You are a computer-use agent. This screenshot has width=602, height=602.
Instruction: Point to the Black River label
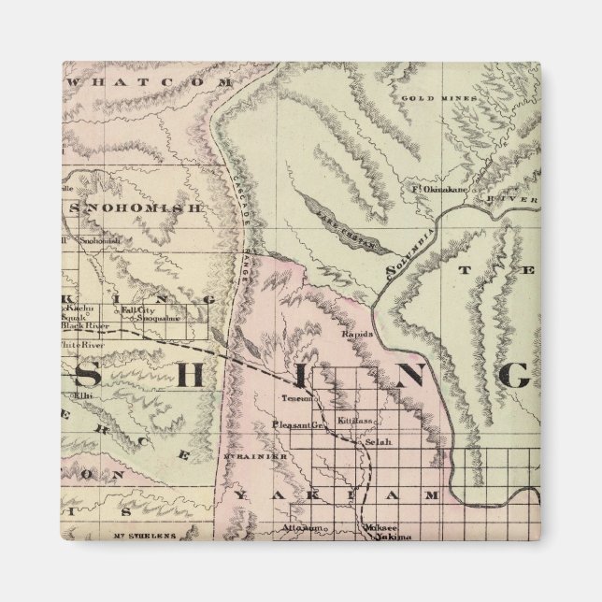pyautogui.click(x=87, y=326)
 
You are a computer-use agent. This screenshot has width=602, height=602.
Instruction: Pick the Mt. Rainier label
pyautogui.click(x=250, y=455)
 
